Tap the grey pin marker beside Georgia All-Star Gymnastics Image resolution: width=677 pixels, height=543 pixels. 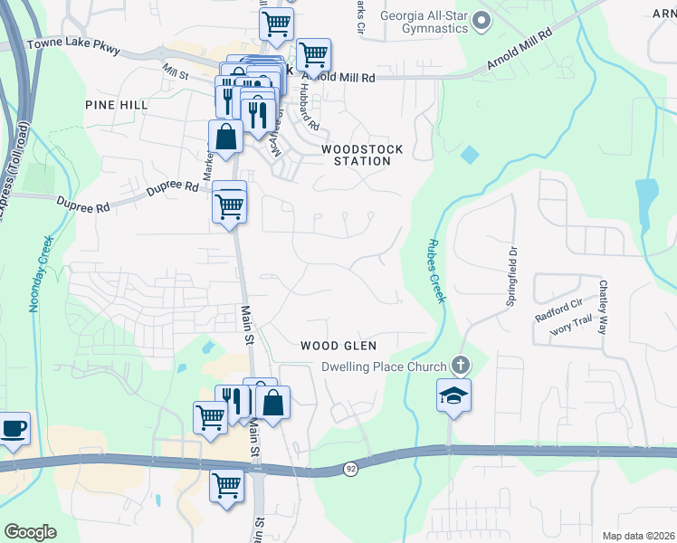click(x=481, y=20)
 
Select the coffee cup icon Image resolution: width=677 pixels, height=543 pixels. click(x=13, y=429)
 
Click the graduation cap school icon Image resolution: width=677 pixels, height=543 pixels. click(x=453, y=395)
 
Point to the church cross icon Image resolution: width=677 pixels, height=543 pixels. click(x=460, y=366)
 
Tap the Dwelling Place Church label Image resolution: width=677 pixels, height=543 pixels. click(x=385, y=367)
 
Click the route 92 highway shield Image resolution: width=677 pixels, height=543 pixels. click(x=350, y=468)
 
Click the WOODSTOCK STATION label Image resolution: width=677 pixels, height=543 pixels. click(x=362, y=155)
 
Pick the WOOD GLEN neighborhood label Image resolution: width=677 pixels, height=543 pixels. click(x=338, y=346)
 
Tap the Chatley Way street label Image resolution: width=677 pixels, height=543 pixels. click(x=603, y=307)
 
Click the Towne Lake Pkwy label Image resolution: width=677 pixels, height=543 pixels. click(x=74, y=44)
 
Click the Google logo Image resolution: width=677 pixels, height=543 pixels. click(x=30, y=532)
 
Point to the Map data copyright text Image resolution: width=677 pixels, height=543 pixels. click(x=638, y=536)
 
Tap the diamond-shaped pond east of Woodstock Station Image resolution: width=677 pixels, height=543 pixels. click(x=468, y=155)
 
